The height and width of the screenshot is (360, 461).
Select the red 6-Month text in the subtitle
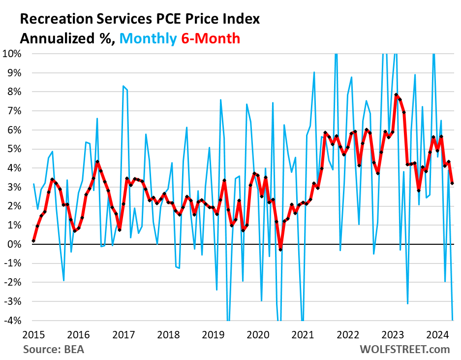pyautogui.click(x=210, y=38)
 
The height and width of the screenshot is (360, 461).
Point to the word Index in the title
pyautogui.click(x=241, y=19)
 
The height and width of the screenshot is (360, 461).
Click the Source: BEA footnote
pyautogui.click(x=53, y=350)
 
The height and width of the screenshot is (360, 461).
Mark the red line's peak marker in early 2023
pyautogui.click(x=396, y=95)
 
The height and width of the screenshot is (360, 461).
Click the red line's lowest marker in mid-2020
pyautogui.click(x=280, y=250)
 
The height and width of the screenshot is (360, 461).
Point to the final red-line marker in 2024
pyautogui.click(x=452, y=183)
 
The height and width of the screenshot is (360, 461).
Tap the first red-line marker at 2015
pyautogui.click(x=33, y=241)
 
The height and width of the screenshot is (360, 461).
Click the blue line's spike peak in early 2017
pyautogui.click(x=123, y=86)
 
